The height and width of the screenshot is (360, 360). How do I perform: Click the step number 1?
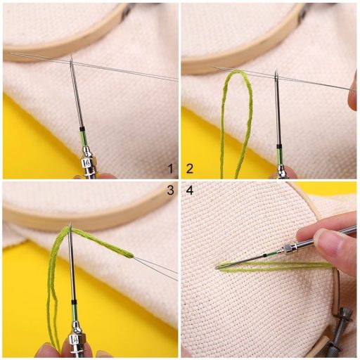(x=169, y=168)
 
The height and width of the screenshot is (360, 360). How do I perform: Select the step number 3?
(x=169, y=190)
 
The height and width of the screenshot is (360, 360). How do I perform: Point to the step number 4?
(x=190, y=190)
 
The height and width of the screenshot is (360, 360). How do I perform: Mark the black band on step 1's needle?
(x=82, y=131)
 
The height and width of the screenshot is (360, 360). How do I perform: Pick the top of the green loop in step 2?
(x=240, y=72)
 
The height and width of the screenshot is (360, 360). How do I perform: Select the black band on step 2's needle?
(x=279, y=146)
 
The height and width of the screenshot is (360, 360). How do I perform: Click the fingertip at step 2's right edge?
(x=352, y=99)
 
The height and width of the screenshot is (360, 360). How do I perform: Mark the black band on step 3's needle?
(x=73, y=302)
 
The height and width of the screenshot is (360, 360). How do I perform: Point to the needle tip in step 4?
(x=219, y=266)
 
